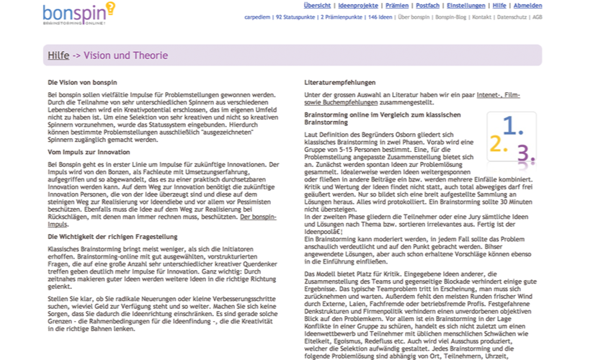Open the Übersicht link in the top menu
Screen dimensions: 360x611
(x=317, y=5)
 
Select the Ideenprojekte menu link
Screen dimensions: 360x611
(x=357, y=5)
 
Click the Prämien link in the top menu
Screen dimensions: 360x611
(x=397, y=5)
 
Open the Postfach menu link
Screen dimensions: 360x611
(x=428, y=5)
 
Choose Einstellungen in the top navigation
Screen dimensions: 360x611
(x=466, y=5)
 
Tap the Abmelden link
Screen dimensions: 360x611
(x=527, y=5)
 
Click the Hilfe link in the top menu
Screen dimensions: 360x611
(x=499, y=5)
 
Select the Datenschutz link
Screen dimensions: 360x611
(x=512, y=16)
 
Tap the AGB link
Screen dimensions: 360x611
(x=537, y=16)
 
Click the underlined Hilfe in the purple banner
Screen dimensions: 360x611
(x=58, y=55)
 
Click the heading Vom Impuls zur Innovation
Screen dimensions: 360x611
(x=89, y=152)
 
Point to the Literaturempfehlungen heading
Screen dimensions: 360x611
(x=340, y=82)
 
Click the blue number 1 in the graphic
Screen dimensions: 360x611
(x=513, y=126)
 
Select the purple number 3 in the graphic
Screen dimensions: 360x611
(x=525, y=153)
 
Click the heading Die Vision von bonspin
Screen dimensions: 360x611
(x=82, y=82)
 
